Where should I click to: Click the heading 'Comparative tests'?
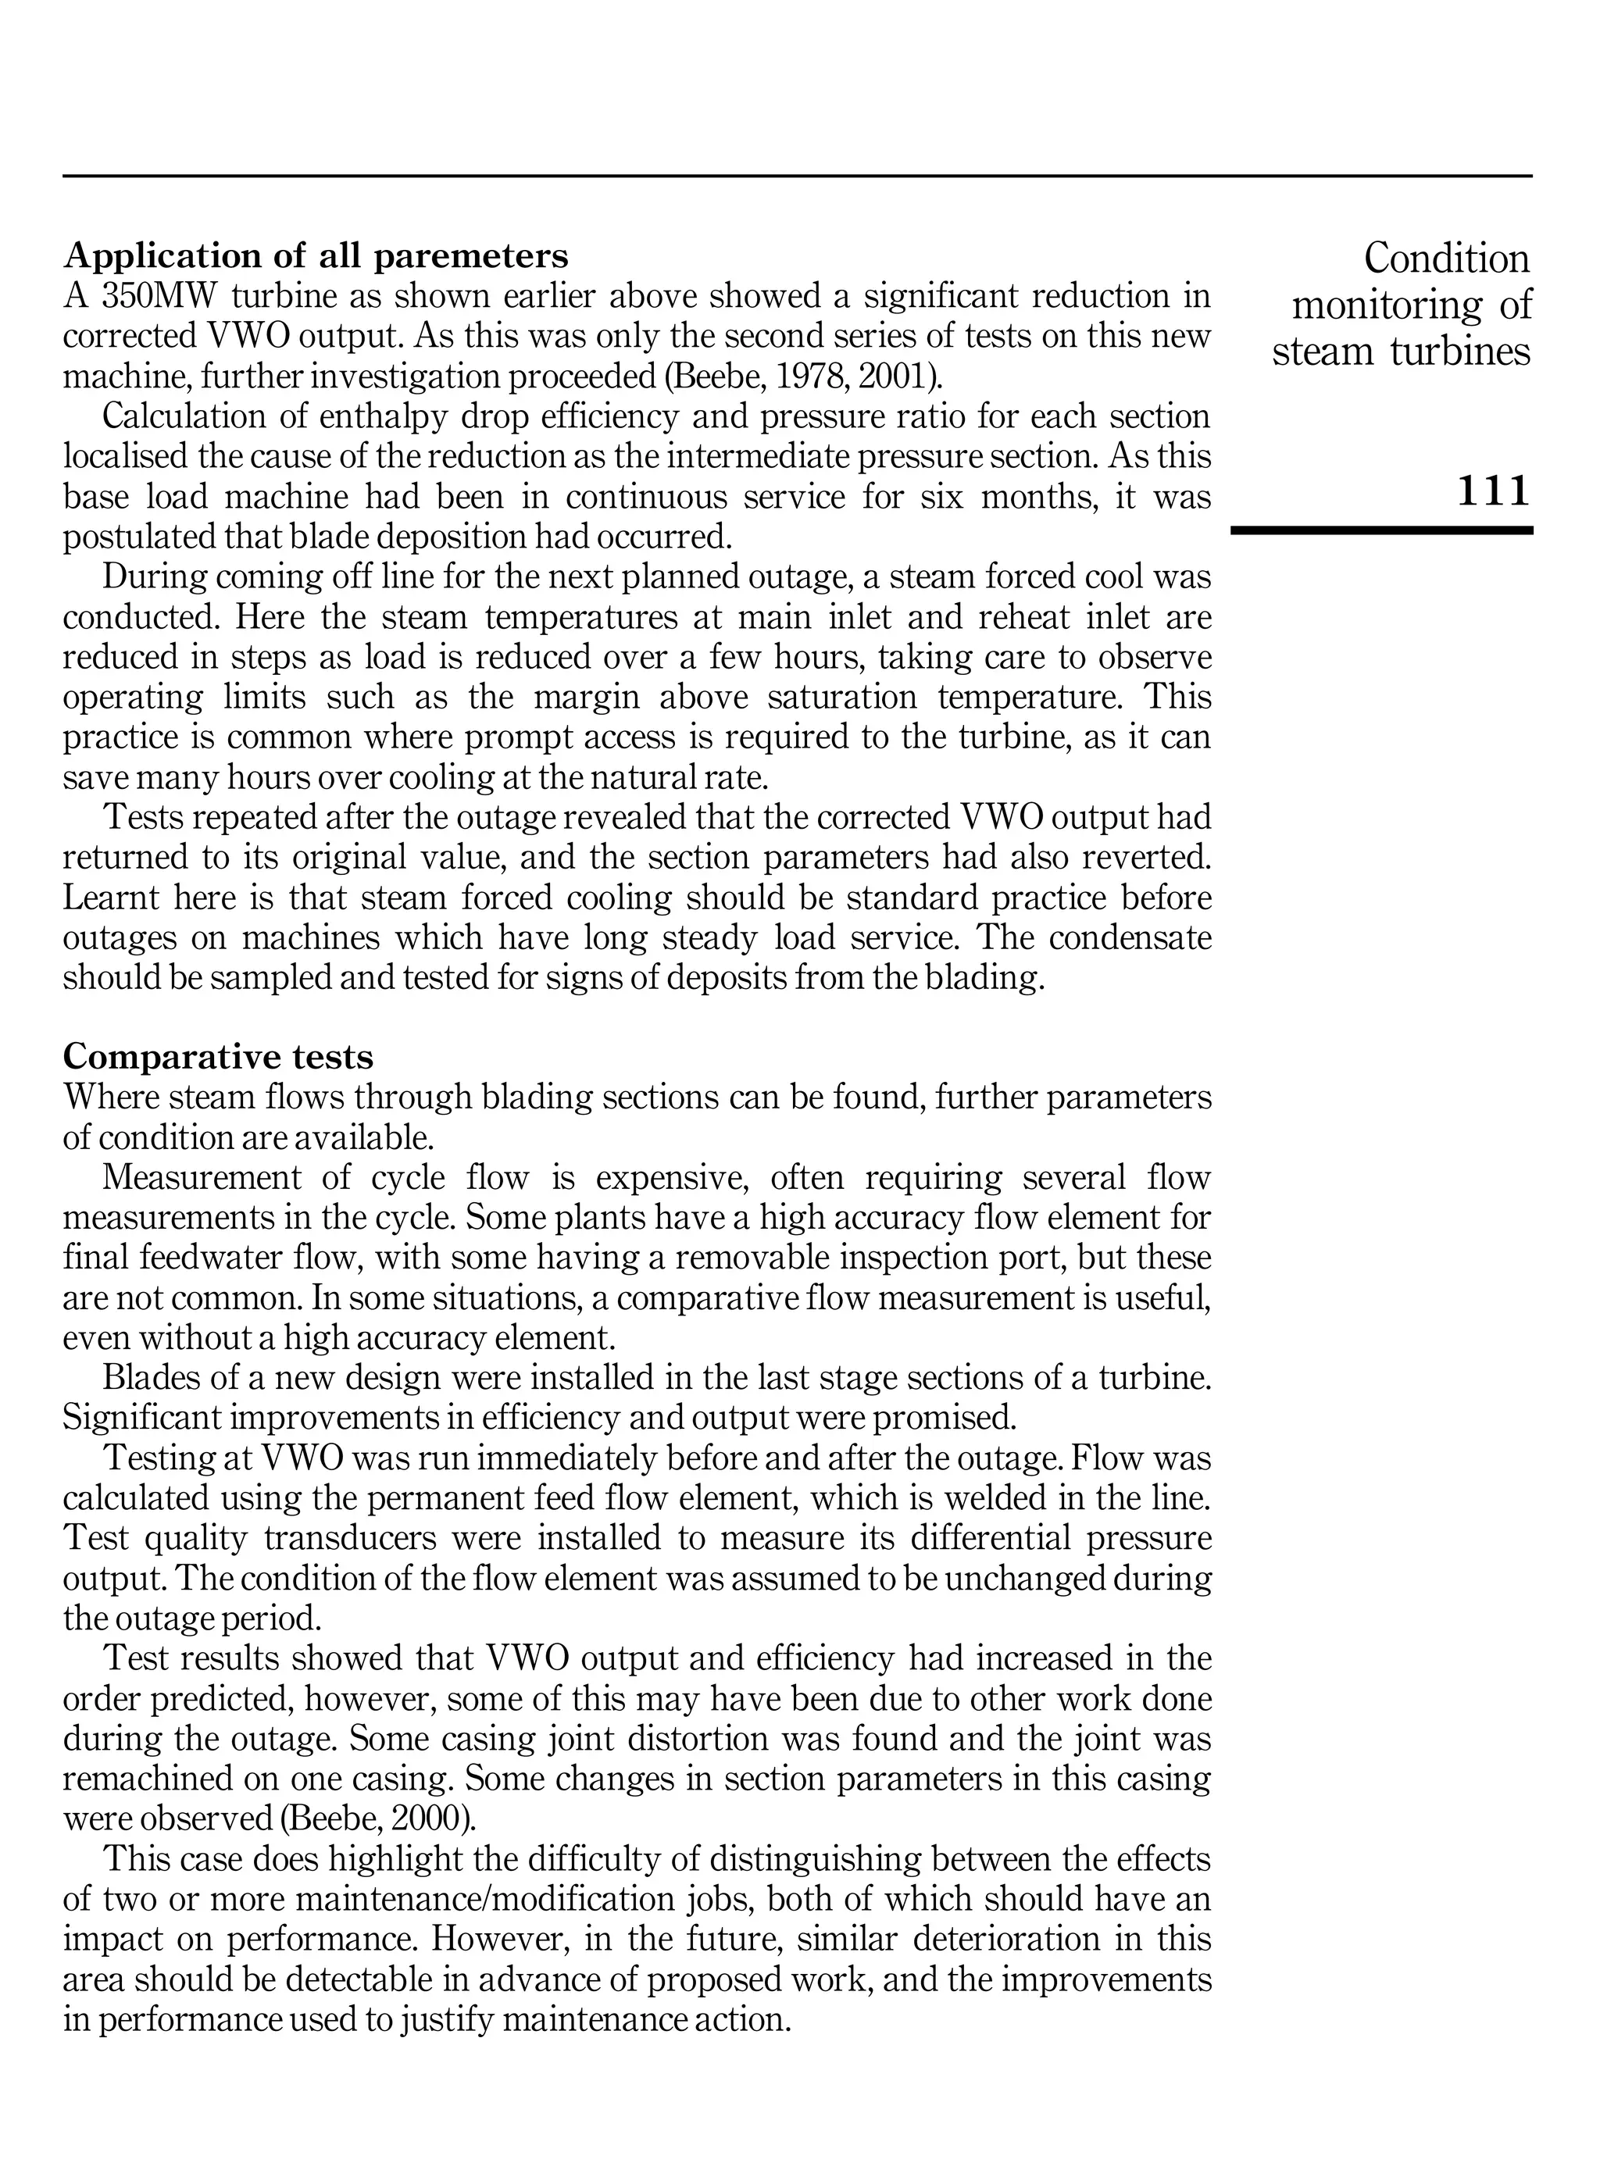(x=218, y=1055)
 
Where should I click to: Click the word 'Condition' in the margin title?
(x=1446, y=259)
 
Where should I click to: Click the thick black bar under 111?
(x=1381, y=530)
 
